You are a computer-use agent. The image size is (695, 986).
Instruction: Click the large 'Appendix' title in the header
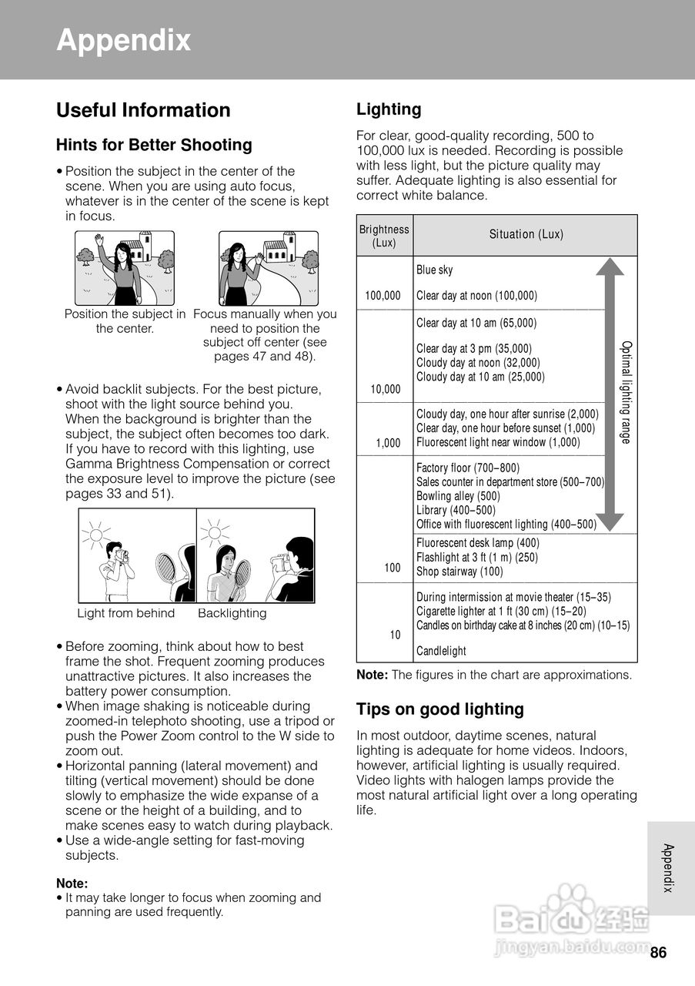[123, 40]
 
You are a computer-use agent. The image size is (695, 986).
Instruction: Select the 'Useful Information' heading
[143, 110]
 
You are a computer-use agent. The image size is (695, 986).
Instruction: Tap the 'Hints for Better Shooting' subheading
[154, 145]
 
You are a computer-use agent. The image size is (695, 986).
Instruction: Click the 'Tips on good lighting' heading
[439, 709]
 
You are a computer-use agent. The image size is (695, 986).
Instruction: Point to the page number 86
[658, 953]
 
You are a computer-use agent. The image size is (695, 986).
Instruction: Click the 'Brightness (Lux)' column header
[384, 236]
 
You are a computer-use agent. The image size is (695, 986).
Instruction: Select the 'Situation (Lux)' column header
[526, 234]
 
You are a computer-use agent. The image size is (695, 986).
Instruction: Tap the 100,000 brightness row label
[383, 296]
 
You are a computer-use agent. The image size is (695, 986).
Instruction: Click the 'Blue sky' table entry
[435, 270]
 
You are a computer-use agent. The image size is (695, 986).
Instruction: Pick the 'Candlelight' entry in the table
[441, 651]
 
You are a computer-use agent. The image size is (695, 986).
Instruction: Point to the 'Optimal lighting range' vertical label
[626, 393]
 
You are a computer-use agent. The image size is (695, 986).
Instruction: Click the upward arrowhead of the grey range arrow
[610, 267]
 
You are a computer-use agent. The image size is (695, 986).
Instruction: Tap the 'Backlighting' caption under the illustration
[232, 613]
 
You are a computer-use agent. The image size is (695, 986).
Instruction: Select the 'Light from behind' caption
[126, 613]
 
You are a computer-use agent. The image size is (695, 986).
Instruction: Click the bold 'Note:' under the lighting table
[372, 675]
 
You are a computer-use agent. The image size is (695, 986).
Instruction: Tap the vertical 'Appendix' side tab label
[669, 868]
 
